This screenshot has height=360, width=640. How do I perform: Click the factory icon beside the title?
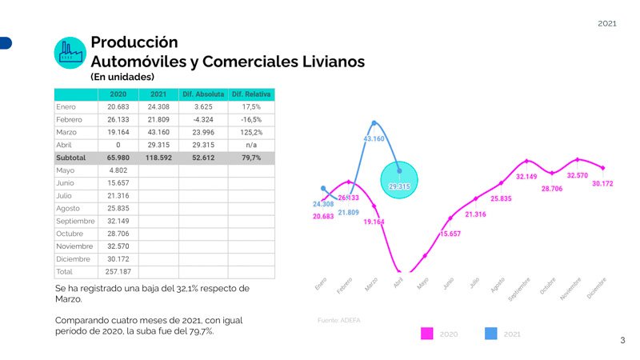(x=70, y=51)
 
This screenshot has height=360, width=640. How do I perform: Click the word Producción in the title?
(x=134, y=42)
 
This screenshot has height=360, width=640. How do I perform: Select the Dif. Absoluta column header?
(x=203, y=94)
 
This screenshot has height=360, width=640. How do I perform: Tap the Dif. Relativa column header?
(x=251, y=94)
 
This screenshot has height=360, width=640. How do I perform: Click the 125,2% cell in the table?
(x=251, y=132)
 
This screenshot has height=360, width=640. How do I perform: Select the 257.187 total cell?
(x=118, y=272)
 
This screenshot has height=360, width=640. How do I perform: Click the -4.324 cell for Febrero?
(x=203, y=119)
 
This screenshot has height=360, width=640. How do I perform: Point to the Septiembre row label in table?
(x=76, y=221)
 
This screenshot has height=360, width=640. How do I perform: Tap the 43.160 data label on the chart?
(x=374, y=139)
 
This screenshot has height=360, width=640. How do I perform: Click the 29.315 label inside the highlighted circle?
(x=398, y=186)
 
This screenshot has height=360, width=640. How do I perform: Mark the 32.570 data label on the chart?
(x=578, y=175)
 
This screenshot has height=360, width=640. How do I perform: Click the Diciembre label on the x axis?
(x=598, y=289)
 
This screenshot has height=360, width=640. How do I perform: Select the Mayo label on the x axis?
(x=422, y=283)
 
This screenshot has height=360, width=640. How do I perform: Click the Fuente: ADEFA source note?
(x=339, y=320)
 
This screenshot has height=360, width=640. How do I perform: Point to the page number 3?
(x=622, y=341)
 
